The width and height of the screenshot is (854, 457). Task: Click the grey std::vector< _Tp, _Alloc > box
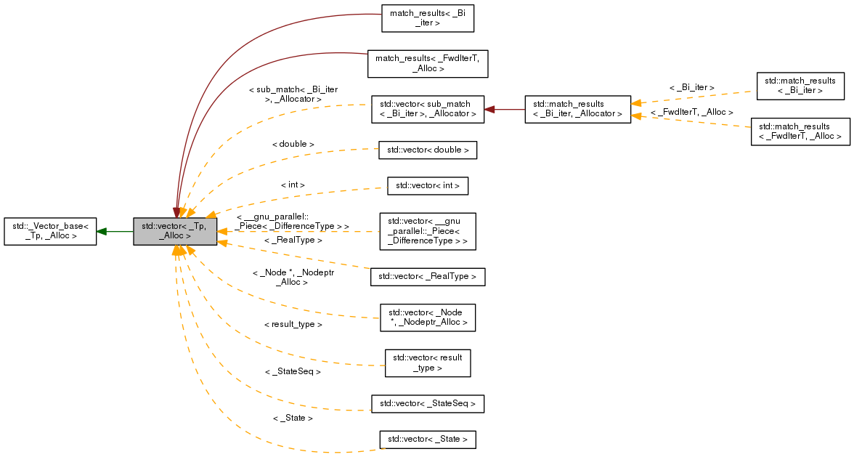pos(175,231)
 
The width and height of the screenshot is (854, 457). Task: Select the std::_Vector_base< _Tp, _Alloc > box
pos(50,231)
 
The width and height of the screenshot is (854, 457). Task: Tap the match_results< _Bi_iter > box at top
pos(428,18)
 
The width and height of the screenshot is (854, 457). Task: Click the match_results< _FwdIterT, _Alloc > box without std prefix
pos(428,63)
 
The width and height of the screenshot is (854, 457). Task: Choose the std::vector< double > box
pos(428,150)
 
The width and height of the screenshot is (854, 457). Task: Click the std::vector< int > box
pos(428,186)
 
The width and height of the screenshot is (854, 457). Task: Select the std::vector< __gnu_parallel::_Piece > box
pos(428,231)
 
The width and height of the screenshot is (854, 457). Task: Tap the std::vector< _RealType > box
pos(428,277)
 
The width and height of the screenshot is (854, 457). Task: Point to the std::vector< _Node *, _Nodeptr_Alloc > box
pos(428,318)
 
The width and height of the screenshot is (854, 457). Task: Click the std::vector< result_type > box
pos(428,363)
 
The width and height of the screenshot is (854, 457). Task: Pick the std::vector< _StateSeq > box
pos(428,403)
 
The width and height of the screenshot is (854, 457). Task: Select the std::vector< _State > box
pos(428,440)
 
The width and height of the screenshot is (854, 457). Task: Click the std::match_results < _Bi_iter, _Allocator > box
pos(577,109)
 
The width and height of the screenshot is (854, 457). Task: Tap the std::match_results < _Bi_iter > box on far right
pos(800,86)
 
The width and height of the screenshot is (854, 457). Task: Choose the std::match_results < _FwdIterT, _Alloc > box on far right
pos(800,132)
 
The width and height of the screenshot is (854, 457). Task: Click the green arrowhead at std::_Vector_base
pos(102,231)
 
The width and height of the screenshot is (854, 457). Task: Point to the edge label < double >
pos(293,144)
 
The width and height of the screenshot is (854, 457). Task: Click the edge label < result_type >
pos(293,324)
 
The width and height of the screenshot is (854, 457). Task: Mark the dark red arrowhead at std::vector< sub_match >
pos(489,109)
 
